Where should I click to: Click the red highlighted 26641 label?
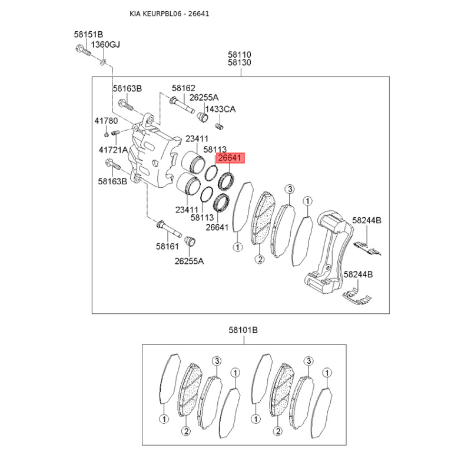tap(230, 158)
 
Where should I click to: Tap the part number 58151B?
tap(89, 34)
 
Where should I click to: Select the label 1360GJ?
tap(105, 45)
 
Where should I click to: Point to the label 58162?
tap(184, 88)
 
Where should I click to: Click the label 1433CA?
tap(220, 109)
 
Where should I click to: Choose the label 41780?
tap(106, 121)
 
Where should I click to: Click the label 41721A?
tap(113, 150)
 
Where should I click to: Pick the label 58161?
tap(167, 246)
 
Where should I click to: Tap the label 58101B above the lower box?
tap(243, 330)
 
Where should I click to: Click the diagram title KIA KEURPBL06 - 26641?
tap(170, 14)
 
